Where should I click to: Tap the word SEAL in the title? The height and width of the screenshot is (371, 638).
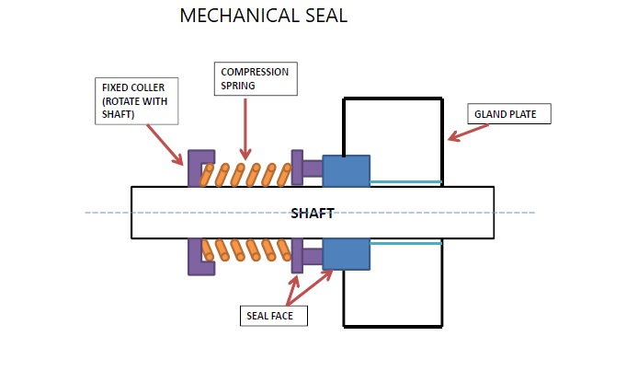click(x=322, y=17)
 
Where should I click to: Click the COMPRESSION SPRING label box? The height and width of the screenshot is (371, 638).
click(x=256, y=79)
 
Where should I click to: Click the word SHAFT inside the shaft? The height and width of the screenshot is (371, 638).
click(x=312, y=214)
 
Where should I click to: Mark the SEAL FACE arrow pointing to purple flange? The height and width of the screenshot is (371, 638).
click(x=293, y=288)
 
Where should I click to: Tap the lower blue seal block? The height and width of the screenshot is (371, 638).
click(x=346, y=254)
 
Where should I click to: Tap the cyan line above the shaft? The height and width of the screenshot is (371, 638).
click(x=404, y=182)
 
